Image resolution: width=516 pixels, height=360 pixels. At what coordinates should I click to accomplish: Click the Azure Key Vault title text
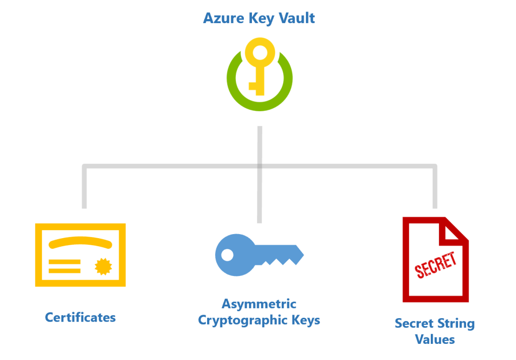click(259, 19)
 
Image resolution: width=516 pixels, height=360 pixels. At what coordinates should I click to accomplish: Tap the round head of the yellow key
click(260, 53)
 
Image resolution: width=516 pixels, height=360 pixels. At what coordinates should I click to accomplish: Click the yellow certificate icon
click(80, 255)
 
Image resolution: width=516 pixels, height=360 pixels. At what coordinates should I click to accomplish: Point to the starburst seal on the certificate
click(103, 266)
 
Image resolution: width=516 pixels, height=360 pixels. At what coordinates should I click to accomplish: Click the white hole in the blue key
click(227, 255)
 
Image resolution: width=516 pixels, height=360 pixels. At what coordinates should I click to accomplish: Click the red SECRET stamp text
click(435, 265)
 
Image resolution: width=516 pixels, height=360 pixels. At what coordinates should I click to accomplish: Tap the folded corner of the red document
click(456, 231)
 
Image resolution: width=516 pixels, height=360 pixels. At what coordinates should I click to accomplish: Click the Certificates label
click(80, 318)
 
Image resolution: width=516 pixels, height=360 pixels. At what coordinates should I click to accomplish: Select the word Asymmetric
click(259, 304)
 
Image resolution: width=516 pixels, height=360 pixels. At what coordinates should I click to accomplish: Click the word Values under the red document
click(435, 339)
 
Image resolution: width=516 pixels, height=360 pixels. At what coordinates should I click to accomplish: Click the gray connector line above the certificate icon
click(84, 186)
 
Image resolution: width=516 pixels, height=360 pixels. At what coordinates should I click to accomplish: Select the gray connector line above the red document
click(435, 186)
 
